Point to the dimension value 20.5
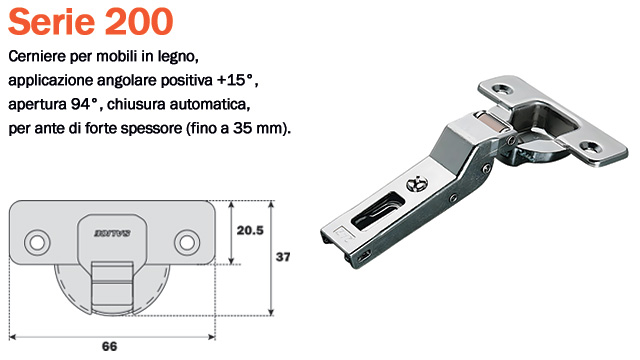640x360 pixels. coord(250,230)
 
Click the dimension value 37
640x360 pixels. coord(283,257)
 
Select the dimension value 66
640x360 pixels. coord(110,346)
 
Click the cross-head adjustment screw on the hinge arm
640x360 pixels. coord(417,184)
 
